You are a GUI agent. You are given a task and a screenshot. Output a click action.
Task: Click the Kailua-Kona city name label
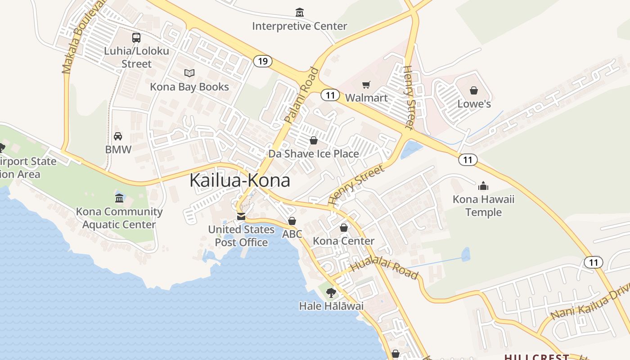click(x=239, y=180)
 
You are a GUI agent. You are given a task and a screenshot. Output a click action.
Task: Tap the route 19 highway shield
click(x=262, y=61)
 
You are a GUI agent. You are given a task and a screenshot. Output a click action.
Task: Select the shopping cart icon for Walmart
click(x=366, y=85)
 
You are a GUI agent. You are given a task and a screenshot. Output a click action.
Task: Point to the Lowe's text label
click(x=474, y=104)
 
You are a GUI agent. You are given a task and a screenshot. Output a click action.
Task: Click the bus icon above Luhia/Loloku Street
click(x=136, y=38)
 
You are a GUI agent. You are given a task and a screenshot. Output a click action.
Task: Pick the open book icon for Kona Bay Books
click(x=189, y=73)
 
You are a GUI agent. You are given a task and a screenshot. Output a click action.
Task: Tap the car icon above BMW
click(x=118, y=136)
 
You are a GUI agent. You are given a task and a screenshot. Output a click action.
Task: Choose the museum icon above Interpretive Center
click(x=299, y=13)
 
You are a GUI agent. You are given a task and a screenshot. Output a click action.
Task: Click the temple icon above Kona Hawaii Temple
click(x=483, y=186)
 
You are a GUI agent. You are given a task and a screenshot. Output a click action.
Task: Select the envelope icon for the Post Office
click(x=241, y=217)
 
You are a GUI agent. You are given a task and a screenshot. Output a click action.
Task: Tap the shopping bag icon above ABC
click(x=292, y=221)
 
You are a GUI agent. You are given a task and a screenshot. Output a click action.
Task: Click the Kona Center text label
click(x=343, y=241)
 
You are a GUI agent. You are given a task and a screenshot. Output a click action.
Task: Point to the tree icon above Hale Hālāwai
click(x=331, y=293)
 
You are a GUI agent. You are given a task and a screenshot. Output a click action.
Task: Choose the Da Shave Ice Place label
click(x=314, y=154)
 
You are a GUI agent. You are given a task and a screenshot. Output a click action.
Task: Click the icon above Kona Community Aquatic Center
click(x=119, y=198)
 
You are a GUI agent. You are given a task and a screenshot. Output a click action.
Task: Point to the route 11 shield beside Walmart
click(x=330, y=95)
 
